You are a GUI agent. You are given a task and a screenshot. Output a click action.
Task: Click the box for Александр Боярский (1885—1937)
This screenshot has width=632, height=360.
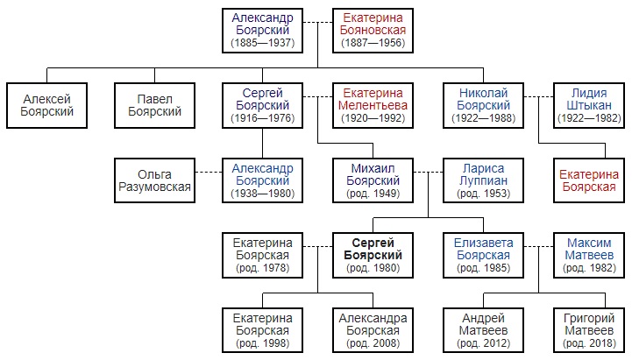pyautogui.click(x=262, y=31)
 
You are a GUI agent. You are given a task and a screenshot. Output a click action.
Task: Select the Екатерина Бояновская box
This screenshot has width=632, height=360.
pyautogui.click(x=373, y=31)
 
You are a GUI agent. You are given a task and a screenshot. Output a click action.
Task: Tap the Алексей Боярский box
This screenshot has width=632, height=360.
pyautogui.click(x=46, y=105)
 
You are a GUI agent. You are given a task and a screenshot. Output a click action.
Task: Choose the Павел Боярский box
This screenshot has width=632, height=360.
pyautogui.click(x=155, y=105)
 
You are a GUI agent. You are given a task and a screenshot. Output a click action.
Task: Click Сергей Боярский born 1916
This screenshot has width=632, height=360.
pyautogui.click(x=262, y=105)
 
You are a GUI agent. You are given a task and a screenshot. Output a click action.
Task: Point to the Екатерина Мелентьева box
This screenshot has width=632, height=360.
pyautogui.click(x=373, y=105)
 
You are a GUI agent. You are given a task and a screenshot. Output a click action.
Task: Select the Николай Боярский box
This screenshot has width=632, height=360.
pyautogui.click(x=483, y=105)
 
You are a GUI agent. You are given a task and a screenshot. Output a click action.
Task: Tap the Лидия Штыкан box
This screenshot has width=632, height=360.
pyautogui.click(x=589, y=105)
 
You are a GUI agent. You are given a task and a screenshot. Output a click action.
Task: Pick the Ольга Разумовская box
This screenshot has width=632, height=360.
pyautogui.click(x=155, y=180)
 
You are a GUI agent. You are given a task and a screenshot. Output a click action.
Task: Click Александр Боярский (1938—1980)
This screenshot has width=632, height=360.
pyautogui.click(x=262, y=180)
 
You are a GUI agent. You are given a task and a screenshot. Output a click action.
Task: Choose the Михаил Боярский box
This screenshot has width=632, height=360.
pyautogui.click(x=373, y=180)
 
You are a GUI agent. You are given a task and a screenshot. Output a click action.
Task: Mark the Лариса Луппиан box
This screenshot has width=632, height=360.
pyautogui.click(x=483, y=180)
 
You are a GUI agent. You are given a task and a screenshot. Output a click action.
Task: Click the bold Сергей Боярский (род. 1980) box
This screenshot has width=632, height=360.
pyautogui.click(x=373, y=255)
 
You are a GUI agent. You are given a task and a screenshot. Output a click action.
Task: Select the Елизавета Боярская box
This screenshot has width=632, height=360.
pyautogui.click(x=483, y=255)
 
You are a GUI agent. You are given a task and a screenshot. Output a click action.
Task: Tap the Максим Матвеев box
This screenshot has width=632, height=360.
pyautogui.click(x=589, y=255)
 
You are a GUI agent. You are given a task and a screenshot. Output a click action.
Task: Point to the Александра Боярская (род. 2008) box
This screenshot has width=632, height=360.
pyautogui.click(x=373, y=330)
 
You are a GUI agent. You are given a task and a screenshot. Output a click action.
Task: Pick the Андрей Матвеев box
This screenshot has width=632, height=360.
pyautogui.click(x=483, y=330)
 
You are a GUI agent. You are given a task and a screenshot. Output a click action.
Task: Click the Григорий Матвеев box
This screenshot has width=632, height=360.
pyautogui.click(x=589, y=330)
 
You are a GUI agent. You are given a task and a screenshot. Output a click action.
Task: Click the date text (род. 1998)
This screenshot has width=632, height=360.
pyautogui.click(x=262, y=343)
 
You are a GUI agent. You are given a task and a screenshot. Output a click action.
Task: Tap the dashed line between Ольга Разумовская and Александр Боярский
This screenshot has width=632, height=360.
pyautogui.click(x=209, y=172)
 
